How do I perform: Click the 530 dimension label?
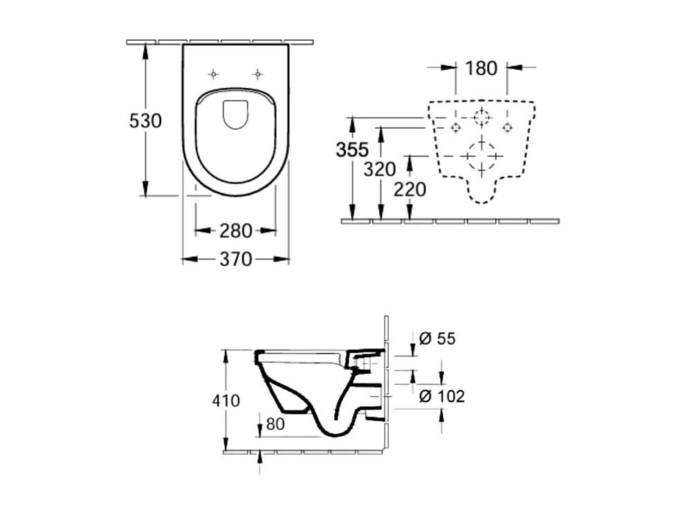pos(145,120)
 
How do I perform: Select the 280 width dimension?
pos(236,231)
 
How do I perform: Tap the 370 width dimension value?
pos(236,260)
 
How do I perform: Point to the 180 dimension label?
pos(481,68)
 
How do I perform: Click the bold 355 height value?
pos(352,150)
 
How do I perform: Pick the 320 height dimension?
pos(380,168)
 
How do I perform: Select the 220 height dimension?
pos(410,189)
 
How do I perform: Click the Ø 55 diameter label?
pos(438,338)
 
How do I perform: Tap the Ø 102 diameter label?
pos(442,396)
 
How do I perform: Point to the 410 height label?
pos(226,400)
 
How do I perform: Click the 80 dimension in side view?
pos(275,424)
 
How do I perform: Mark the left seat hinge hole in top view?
pos(214,73)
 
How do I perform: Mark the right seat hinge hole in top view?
pos(257,73)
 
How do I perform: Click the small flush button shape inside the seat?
pos(236,114)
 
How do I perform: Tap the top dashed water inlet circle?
pos(482,117)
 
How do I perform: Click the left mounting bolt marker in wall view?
pos(455,127)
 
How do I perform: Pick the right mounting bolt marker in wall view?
pos(507,127)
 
